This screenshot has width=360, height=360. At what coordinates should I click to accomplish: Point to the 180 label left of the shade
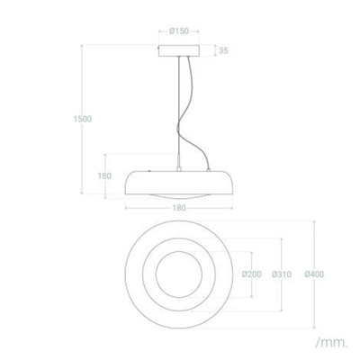105,175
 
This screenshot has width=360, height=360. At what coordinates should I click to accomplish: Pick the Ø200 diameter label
251,274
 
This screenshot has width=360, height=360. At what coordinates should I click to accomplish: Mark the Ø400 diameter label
314,274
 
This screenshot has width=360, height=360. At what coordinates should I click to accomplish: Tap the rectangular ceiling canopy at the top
178,51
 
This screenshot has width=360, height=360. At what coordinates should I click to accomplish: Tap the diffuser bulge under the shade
178,196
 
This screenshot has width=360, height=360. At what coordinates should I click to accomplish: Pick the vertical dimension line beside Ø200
251,256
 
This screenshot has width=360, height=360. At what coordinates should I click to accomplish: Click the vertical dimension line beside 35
213,51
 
